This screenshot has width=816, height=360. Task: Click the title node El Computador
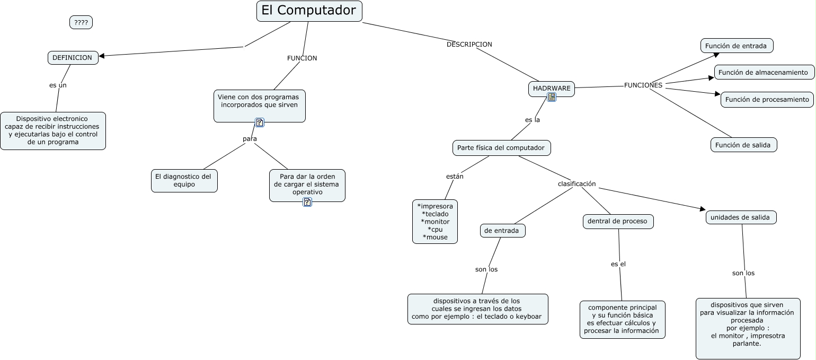pyautogui.click(x=309, y=11)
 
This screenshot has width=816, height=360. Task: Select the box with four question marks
pyautogui.click(x=81, y=22)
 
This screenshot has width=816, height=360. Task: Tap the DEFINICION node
pyautogui.click(x=73, y=58)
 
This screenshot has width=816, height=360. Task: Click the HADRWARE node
pyautogui.click(x=552, y=88)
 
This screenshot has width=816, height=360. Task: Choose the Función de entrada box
pyautogui.click(x=736, y=46)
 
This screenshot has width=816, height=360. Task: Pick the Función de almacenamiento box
pyautogui.click(x=763, y=72)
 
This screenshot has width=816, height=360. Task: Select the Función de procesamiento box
pyautogui.click(x=767, y=99)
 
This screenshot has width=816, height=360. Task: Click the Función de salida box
pyautogui.click(x=743, y=145)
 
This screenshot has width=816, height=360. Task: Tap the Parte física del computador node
pyautogui.click(x=501, y=148)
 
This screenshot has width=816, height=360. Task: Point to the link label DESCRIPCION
pyautogui.click(x=469, y=45)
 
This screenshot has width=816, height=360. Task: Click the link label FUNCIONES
pyautogui.click(x=643, y=85)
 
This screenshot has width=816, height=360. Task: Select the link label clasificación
pyautogui.click(x=576, y=184)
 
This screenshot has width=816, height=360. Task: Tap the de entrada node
pyautogui.click(x=503, y=231)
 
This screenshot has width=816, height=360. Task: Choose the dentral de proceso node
pyautogui.click(x=618, y=221)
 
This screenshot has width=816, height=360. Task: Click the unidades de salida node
pyautogui.click(x=740, y=217)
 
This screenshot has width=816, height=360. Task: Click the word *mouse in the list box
pyautogui.click(x=435, y=237)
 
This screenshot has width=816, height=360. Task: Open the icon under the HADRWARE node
pyautogui.click(x=552, y=97)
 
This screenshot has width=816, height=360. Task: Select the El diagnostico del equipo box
pyautogui.click(x=183, y=180)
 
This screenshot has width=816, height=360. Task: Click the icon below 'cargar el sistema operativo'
pyautogui.click(x=307, y=202)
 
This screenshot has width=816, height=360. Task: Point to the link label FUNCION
pyautogui.click(x=302, y=58)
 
